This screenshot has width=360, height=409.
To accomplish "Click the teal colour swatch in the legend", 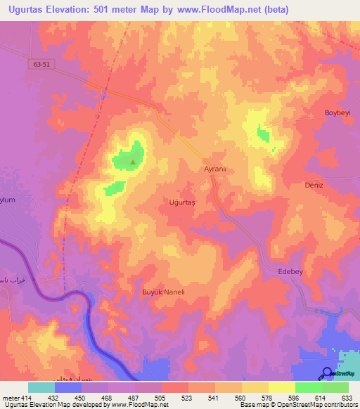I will pos(41,387).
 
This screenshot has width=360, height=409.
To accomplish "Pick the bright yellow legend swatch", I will pos(282,387).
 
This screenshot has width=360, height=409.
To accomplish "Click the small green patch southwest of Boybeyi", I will pos(263,132).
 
